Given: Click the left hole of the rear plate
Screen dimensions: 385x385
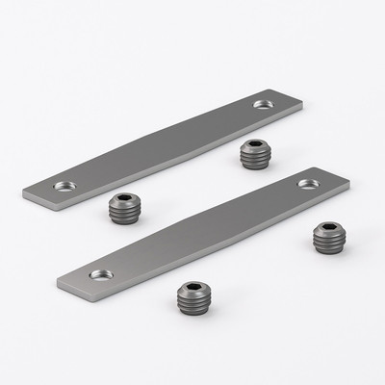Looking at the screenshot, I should point(64,185).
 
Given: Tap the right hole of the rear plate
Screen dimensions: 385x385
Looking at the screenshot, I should point(262,104).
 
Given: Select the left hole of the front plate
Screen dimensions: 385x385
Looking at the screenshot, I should point(100,274).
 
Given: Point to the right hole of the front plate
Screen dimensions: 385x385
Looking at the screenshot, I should point(307,183).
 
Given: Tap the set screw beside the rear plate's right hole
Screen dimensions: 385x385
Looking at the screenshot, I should point(253,153).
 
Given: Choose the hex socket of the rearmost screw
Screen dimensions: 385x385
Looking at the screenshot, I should point(253,145).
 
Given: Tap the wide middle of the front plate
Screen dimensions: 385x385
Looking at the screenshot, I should point(202,231).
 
